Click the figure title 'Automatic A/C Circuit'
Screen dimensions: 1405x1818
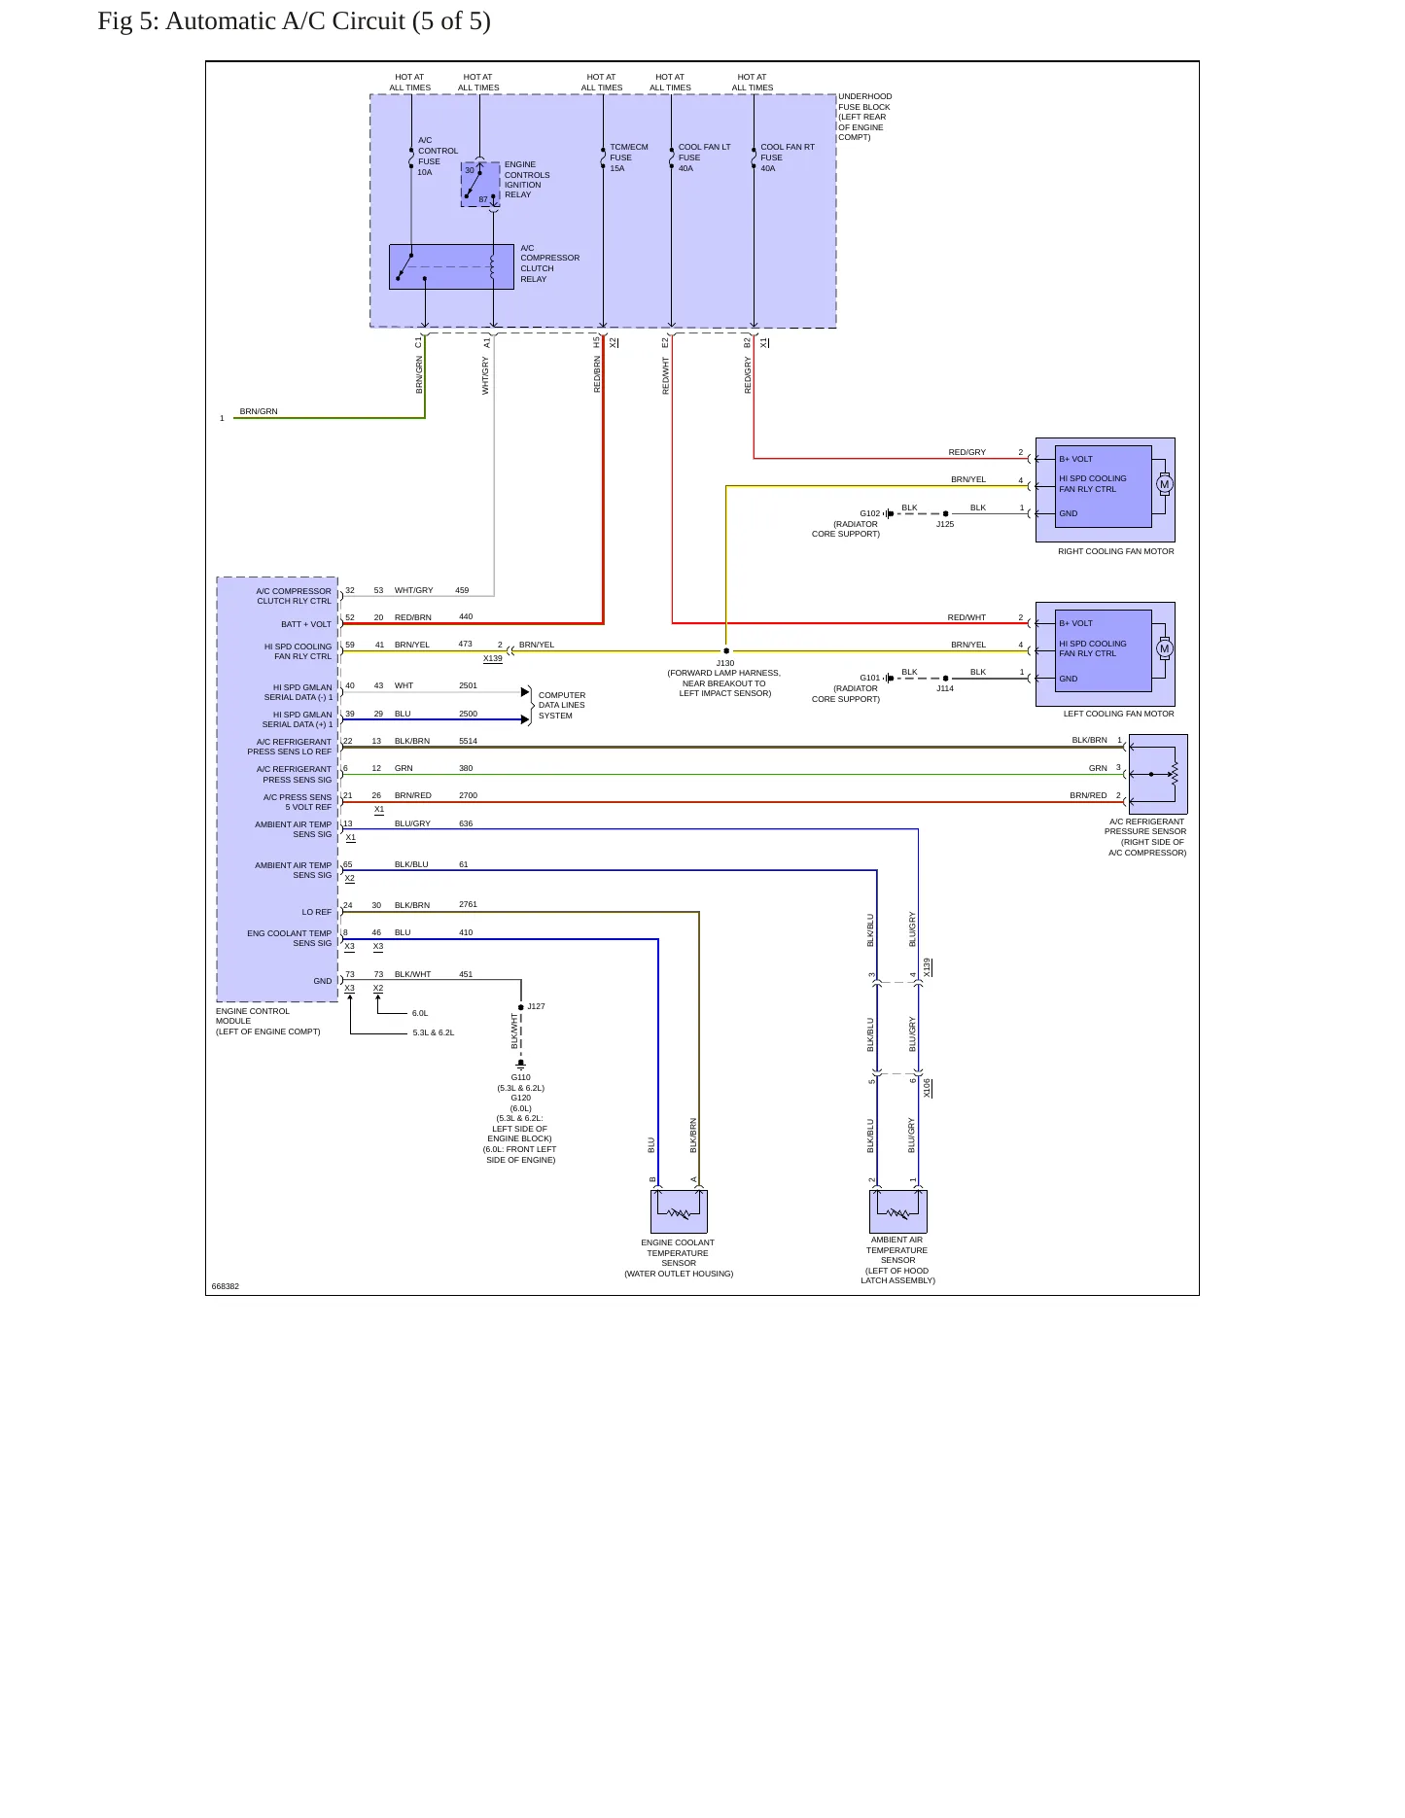(x=285, y=21)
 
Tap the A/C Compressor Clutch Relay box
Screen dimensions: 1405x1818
(x=451, y=266)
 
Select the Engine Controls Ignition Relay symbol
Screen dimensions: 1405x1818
(x=480, y=185)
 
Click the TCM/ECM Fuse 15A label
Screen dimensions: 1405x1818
(x=628, y=157)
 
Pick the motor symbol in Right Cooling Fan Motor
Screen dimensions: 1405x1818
(x=1164, y=484)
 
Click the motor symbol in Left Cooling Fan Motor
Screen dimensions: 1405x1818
(x=1164, y=648)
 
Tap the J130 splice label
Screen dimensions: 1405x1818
(x=725, y=663)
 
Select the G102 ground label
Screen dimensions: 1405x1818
(x=869, y=513)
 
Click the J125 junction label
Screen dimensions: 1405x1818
(x=945, y=524)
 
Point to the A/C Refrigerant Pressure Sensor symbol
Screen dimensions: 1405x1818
(x=1158, y=774)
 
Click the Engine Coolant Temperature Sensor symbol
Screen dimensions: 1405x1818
(x=679, y=1211)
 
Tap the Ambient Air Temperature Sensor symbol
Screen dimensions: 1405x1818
(x=898, y=1211)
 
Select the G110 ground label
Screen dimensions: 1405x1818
(x=521, y=1077)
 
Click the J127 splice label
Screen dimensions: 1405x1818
(x=536, y=1006)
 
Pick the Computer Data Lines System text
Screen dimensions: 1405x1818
(x=562, y=706)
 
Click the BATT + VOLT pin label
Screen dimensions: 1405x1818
(x=306, y=624)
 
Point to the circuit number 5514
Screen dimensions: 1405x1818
(x=468, y=741)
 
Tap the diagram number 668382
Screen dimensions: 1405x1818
(x=225, y=1286)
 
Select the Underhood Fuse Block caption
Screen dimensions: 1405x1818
(x=864, y=117)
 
